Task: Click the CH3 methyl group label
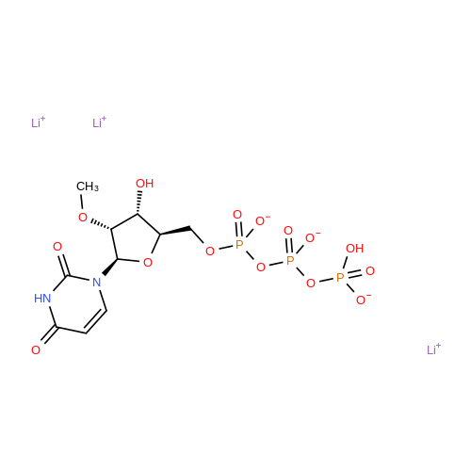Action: click(x=88, y=187)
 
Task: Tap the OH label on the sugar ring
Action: click(x=144, y=184)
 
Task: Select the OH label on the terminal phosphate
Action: click(x=355, y=249)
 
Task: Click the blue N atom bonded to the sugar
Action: click(x=97, y=283)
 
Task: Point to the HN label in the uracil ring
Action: click(x=42, y=298)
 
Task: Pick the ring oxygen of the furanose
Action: click(x=148, y=262)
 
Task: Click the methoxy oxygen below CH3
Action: click(x=83, y=218)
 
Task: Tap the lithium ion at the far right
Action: click(x=433, y=349)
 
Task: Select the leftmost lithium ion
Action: click(x=38, y=122)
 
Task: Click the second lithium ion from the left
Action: click(x=99, y=122)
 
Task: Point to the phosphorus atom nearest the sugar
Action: click(x=239, y=245)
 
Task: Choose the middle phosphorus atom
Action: click(x=290, y=260)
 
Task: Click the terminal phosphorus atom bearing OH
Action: click(x=340, y=278)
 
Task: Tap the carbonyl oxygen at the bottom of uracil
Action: click(x=36, y=349)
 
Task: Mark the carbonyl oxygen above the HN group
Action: click(x=57, y=247)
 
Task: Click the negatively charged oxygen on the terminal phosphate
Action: click(x=364, y=300)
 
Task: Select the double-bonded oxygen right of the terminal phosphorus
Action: click(x=370, y=271)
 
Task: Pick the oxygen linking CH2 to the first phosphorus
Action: click(x=210, y=252)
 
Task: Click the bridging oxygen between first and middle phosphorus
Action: click(x=261, y=268)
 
